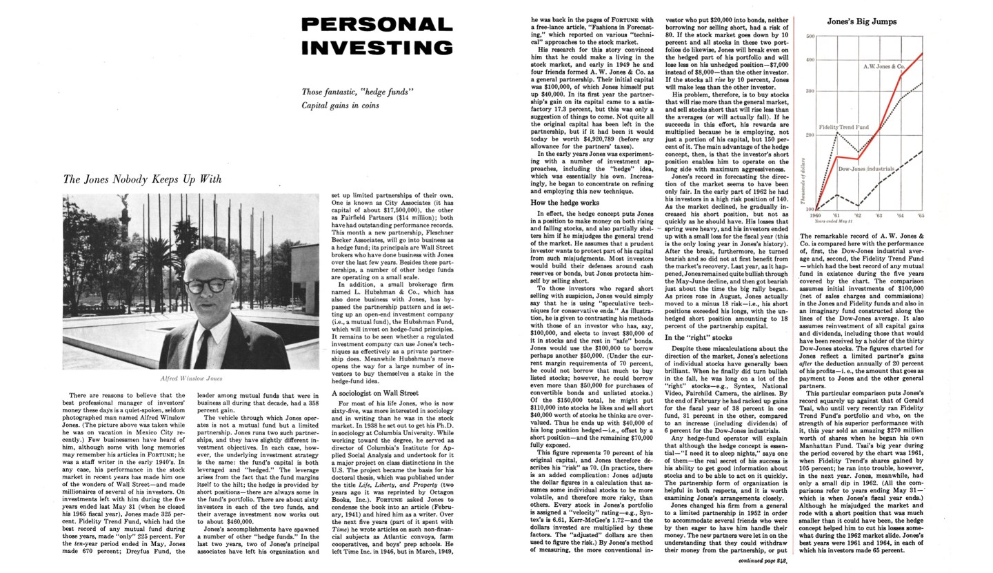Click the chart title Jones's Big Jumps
point(861,21)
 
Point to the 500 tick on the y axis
point(810,36)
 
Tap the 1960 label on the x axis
point(816,215)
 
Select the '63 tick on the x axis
point(879,215)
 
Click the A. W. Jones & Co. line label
point(883,66)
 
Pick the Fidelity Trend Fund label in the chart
point(843,128)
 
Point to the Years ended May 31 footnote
point(833,221)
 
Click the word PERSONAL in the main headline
point(377,24)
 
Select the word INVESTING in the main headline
point(377,48)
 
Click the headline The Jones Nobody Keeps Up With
point(142,179)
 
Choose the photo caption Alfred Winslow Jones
point(191,379)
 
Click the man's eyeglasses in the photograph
point(207,284)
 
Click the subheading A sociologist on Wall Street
point(374,393)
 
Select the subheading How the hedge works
point(564,203)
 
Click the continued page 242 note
point(762,561)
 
